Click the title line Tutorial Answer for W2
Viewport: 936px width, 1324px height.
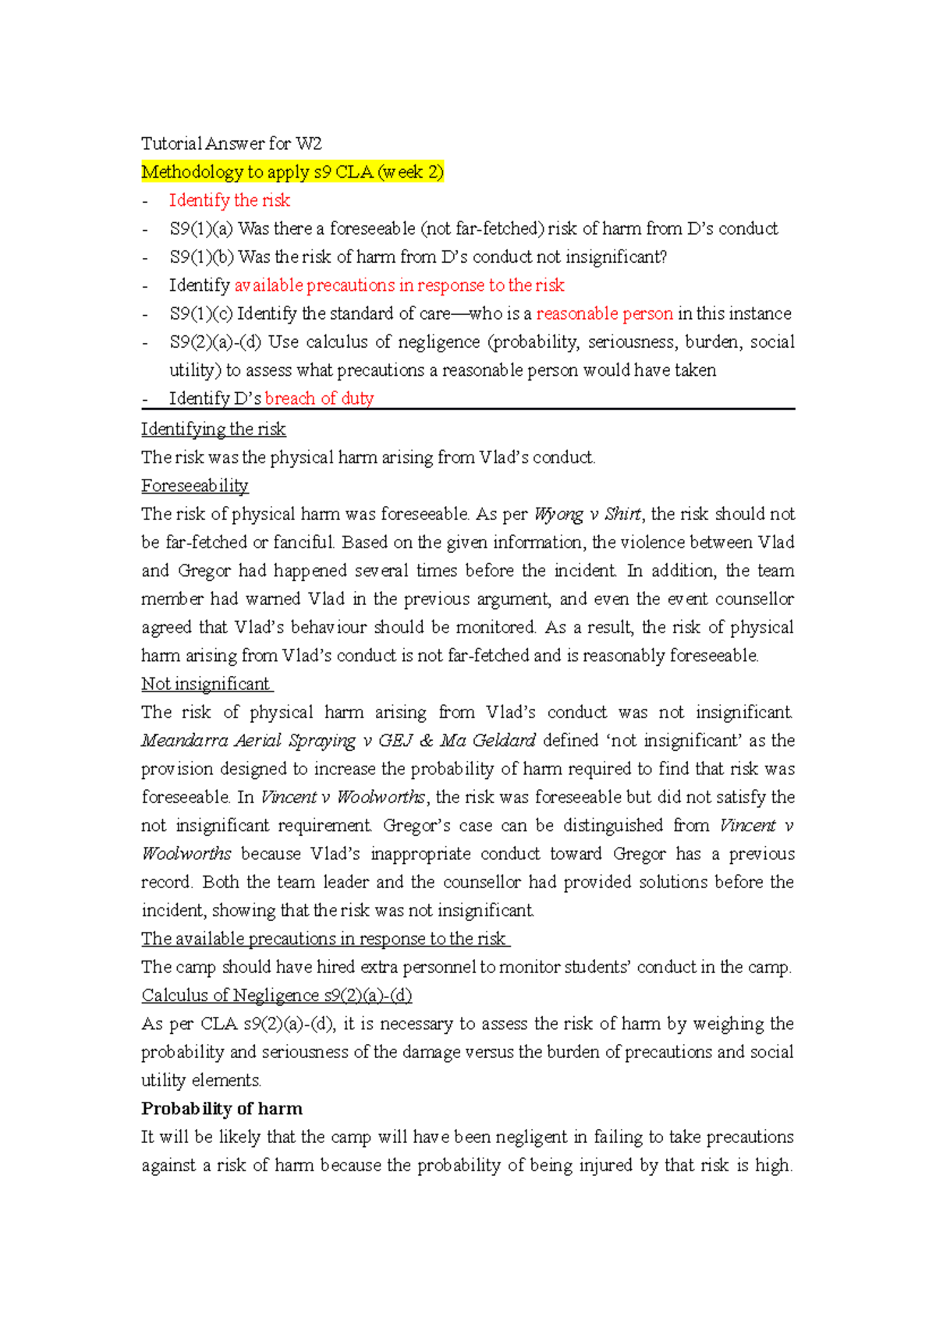pyautogui.click(x=231, y=143)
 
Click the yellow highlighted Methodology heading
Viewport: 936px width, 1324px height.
pyautogui.click(x=292, y=172)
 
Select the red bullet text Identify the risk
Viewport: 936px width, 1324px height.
pyautogui.click(x=229, y=200)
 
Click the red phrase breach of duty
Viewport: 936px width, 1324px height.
pyautogui.click(x=319, y=398)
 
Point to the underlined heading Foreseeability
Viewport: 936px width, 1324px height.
pyautogui.click(x=194, y=486)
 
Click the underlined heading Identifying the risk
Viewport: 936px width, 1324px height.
pyautogui.click(x=213, y=429)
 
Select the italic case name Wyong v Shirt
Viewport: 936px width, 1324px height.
pyautogui.click(x=587, y=514)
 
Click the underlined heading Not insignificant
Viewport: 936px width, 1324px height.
pyautogui.click(x=205, y=684)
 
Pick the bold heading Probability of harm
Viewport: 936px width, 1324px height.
pyautogui.click(x=222, y=1109)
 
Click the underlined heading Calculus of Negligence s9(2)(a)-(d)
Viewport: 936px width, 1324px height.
pyautogui.click(x=276, y=996)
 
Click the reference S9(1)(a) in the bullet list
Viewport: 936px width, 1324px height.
pyautogui.click(x=201, y=228)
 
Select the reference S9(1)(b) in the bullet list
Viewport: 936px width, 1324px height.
pyautogui.click(x=201, y=257)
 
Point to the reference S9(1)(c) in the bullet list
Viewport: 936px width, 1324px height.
pyautogui.click(x=200, y=313)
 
